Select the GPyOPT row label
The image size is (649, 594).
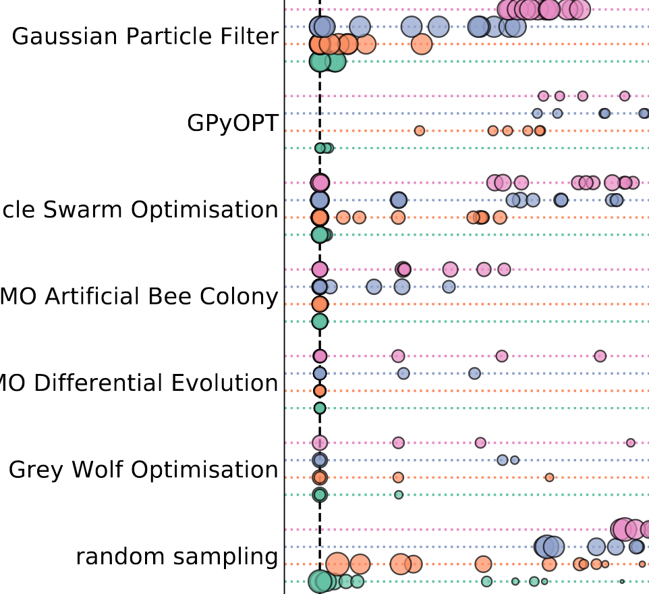click(x=232, y=124)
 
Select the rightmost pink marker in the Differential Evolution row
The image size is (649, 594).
click(x=600, y=356)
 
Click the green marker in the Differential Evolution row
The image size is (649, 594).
click(x=320, y=408)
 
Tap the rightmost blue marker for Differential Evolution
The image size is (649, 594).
click(x=474, y=373)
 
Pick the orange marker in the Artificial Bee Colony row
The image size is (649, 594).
click(x=320, y=304)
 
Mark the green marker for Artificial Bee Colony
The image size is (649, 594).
click(x=320, y=321)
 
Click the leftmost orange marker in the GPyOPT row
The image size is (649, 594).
click(x=419, y=130)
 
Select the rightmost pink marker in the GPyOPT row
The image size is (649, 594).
click(x=624, y=96)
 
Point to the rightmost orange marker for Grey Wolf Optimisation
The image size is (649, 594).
click(x=549, y=477)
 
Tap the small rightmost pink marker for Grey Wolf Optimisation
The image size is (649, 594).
click(x=630, y=443)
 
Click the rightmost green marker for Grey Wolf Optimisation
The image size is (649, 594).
click(x=398, y=495)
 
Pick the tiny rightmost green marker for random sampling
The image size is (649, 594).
click(x=621, y=581)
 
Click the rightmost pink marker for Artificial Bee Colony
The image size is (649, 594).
click(x=503, y=269)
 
